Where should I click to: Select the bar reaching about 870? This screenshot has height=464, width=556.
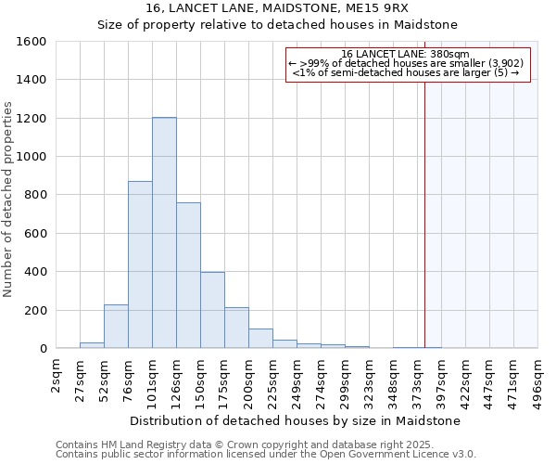140,264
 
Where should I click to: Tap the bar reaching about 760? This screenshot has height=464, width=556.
188,275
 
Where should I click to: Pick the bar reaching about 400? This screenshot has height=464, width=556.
212,310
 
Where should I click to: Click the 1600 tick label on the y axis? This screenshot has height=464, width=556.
32,42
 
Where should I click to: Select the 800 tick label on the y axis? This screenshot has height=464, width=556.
35,195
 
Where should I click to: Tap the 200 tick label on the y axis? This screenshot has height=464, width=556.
35,310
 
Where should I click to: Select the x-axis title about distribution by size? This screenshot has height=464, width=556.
296,420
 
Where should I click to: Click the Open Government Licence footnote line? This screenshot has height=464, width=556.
266,455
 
